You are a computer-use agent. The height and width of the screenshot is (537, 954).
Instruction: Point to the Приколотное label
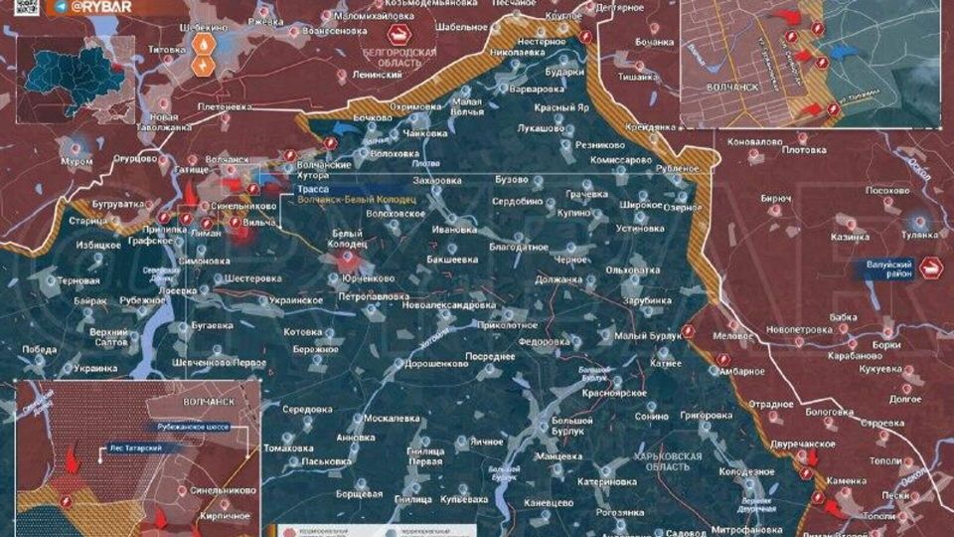(508, 325)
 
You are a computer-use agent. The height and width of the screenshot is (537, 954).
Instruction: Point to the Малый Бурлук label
(647, 336)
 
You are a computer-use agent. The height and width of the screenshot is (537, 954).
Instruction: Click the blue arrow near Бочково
(348, 126)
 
